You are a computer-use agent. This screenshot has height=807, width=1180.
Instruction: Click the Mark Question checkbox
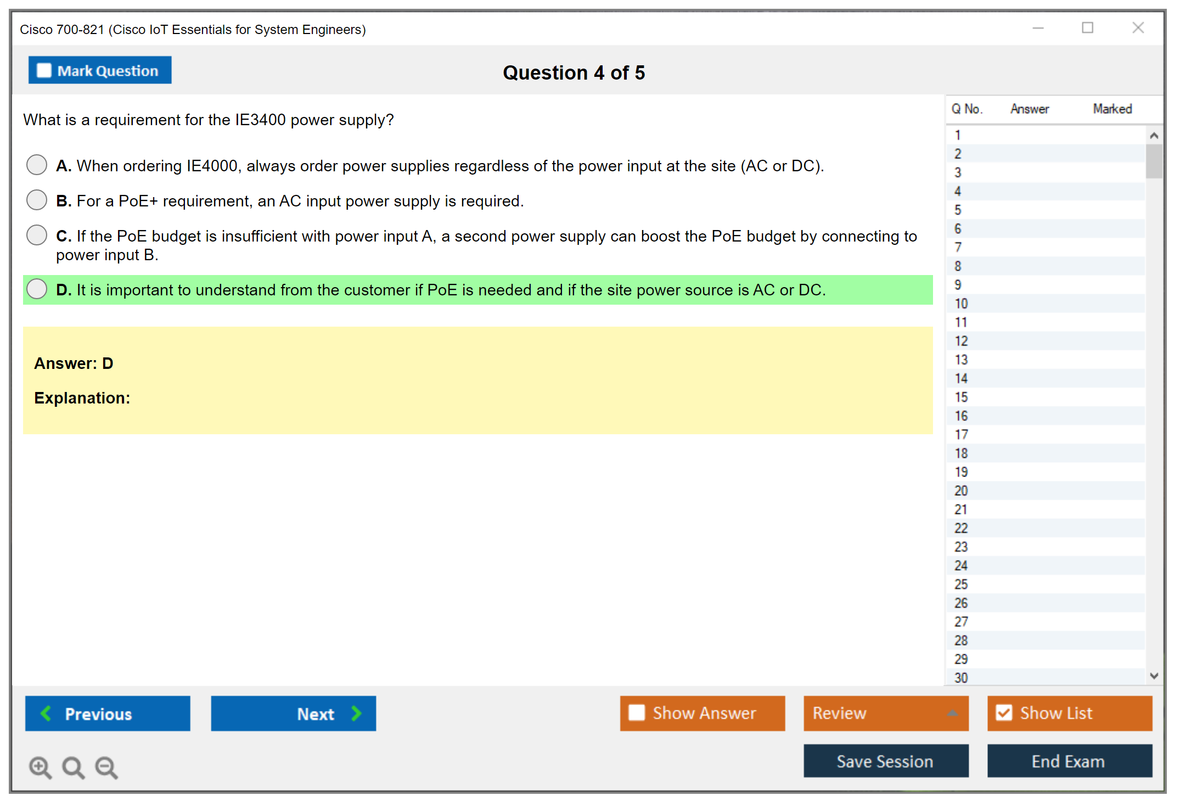click(44, 71)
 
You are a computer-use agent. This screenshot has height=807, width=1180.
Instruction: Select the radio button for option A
click(37, 165)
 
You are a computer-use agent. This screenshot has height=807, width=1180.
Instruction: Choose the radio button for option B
click(37, 200)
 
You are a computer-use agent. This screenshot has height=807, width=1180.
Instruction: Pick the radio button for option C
click(37, 235)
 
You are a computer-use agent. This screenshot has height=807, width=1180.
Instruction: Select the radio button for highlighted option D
click(37, 289)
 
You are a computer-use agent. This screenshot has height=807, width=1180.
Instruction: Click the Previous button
click(108, 713)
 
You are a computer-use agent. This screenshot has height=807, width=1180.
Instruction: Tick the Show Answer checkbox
click(637, 713)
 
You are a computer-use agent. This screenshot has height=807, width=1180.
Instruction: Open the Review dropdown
click(886, 713)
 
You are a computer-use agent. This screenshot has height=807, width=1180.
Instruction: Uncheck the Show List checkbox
click(1004, 713)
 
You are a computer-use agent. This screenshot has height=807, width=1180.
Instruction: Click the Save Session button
click(886, 761)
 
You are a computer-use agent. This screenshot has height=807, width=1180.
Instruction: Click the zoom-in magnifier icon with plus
click(41, 767)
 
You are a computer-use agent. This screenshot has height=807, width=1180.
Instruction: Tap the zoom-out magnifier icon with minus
click(106, 767)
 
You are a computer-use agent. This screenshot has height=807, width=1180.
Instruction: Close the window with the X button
click(1138, 27)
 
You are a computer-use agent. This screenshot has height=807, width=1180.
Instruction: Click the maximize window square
click(1087, 27)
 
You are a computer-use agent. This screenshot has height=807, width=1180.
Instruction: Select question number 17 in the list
click(961, 435)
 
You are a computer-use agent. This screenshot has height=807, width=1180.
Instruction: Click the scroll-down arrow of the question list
click(1154, 676)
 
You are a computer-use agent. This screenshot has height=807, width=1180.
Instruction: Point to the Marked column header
click(1112, 109)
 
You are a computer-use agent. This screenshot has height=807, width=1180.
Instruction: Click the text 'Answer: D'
click(74, 363)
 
